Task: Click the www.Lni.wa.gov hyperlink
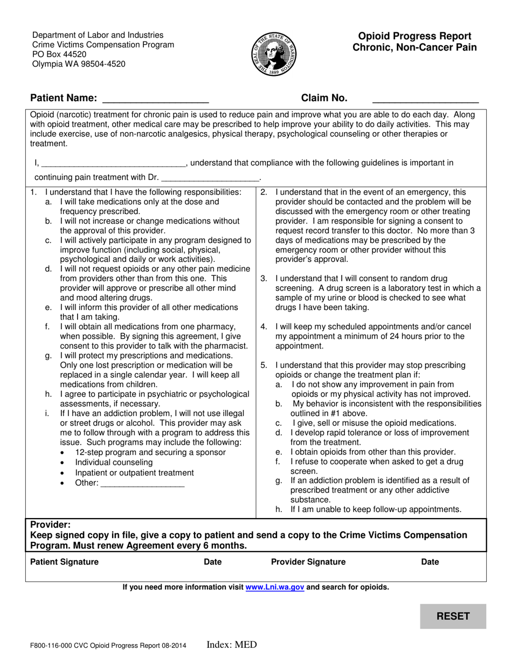[275, 588]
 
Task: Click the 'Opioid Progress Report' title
[414, 36]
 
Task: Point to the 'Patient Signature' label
[65, 562]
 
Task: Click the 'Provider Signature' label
[308, 562]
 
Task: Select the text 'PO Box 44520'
[59, 54]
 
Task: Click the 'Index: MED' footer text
[232, 645]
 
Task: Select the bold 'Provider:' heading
[50, 524]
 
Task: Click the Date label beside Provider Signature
[430, 562]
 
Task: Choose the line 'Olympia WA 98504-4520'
[79, 64]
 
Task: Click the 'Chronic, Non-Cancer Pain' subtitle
[414, 47]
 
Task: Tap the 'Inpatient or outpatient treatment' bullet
[134, 473]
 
